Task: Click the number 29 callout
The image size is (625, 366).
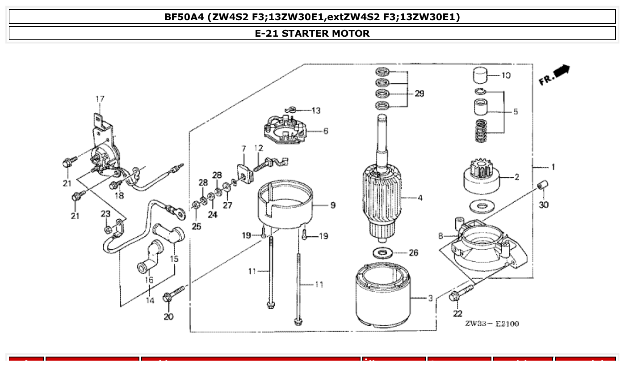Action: (x=419, y=94)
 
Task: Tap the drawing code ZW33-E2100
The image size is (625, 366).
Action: (x=492, y=323)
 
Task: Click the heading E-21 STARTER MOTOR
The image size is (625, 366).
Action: (x=312, y=33)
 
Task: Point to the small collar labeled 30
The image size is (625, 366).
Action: (x=542, y=185)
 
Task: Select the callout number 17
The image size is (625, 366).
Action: (x=100, y=98)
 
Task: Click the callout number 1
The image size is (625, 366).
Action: (x=553, y=167)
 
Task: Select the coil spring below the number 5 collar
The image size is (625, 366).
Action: (x=481, y=131)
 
